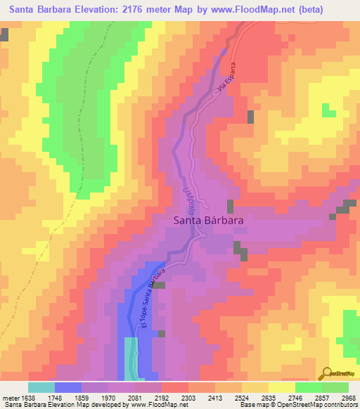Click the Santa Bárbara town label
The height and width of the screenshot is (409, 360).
[209, 220]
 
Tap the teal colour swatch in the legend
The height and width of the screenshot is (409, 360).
[41, 387]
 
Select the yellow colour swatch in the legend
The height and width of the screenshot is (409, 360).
[281, 387]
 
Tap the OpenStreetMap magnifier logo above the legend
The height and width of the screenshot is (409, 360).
[327, 373]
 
